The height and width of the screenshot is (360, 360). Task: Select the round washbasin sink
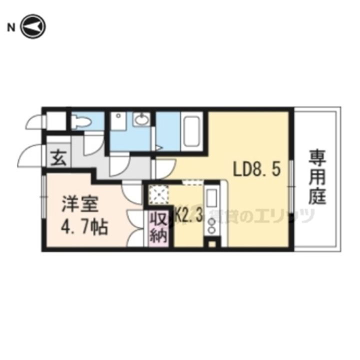142,120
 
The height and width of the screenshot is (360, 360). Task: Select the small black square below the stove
211,244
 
